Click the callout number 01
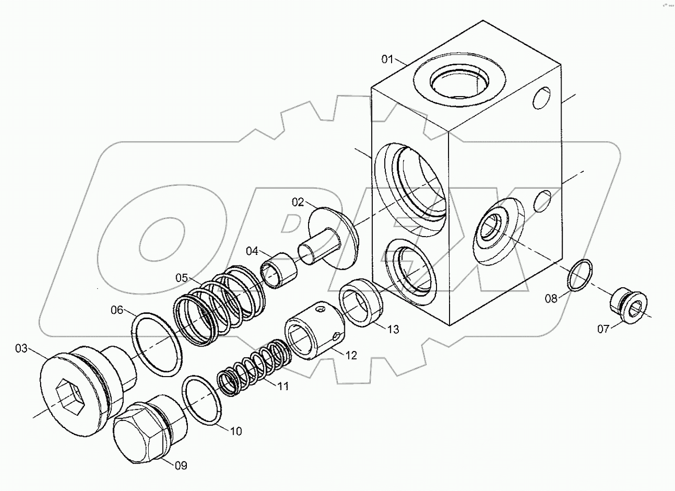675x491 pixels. (x=387, y=59)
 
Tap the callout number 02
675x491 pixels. (x=297, y=201)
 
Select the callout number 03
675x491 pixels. (x=21, y=349)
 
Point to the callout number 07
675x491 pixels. (x=603, y=329)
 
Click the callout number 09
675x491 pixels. (x=181, y=465)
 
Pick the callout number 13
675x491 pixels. (x=393, y=329)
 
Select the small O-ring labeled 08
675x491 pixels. (x=579, y=275)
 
